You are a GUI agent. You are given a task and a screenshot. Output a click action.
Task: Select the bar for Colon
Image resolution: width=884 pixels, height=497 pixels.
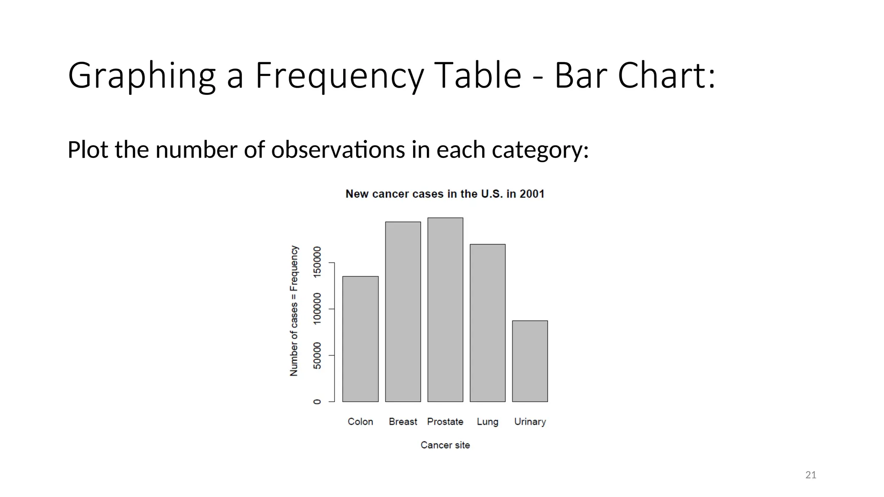(360, 339)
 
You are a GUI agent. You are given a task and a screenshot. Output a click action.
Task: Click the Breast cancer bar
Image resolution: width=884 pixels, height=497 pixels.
(403, 312)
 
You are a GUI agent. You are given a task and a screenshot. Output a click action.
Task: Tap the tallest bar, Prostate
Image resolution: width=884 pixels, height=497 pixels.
(445, 310)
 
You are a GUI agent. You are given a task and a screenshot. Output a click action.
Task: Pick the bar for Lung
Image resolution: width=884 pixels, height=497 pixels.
(487, 323)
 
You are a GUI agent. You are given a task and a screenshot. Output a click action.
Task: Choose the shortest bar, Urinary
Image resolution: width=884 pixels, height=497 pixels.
(530, 361)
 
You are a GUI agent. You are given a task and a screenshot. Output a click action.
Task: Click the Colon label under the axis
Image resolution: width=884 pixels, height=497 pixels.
(360, 422)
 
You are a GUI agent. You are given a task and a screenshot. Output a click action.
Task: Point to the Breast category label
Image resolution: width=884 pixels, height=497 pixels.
(403, 422)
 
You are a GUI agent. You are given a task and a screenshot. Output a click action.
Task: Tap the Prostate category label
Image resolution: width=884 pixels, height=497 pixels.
(445, 422)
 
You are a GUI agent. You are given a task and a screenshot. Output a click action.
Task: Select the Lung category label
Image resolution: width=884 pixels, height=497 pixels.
(487, 422)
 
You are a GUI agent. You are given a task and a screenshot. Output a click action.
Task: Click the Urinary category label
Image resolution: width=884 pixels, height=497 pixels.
(530, 422)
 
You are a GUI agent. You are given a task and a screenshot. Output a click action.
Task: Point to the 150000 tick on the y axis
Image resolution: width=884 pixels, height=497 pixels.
(317, 262)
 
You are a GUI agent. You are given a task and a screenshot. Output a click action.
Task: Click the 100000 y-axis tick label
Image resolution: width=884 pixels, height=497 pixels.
(317, 309)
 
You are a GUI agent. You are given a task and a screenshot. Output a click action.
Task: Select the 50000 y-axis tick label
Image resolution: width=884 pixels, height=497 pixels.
(317, 355)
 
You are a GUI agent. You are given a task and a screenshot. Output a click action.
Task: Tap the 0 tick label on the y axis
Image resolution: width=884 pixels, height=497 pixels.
(317, 402)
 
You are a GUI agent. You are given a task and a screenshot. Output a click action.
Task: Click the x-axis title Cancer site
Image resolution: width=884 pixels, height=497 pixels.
(445, 445)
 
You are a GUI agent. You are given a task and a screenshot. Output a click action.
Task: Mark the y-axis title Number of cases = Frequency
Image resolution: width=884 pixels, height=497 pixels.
(294, 311)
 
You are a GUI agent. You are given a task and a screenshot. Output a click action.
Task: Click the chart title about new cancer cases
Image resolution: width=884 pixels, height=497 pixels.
(445, 194)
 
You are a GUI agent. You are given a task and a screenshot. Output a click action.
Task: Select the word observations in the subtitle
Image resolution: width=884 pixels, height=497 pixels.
(338, 150)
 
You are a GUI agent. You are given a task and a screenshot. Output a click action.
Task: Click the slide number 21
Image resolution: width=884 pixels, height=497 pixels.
(811, 475)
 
